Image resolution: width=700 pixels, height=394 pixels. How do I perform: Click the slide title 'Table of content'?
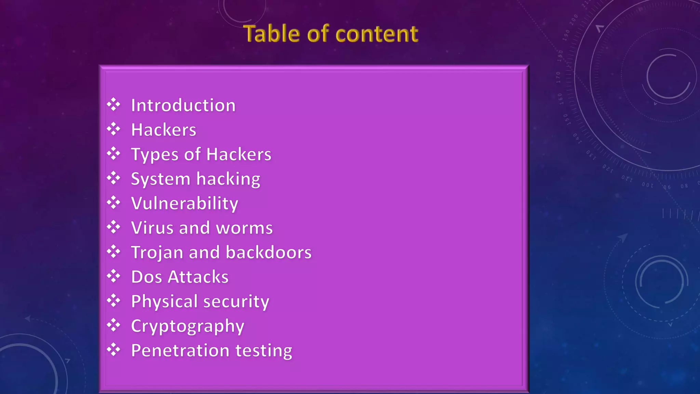[x=331, y=34]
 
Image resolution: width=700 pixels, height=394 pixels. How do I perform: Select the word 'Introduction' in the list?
[x=183, y=105]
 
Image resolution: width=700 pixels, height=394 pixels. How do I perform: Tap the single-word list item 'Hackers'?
[x=164, y=130]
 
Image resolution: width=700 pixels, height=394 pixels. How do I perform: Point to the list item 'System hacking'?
[x=196, y=179]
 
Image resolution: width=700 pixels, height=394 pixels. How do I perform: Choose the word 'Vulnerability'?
[x=185, y=203]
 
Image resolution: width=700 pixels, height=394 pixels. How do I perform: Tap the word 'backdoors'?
[x=269, y=252]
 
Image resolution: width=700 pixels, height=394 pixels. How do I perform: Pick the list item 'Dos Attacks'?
[x=180, y=277]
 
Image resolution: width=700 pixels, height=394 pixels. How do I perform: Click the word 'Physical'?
[x=164, y=301]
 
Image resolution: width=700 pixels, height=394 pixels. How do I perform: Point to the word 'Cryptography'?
[x=188, y=326]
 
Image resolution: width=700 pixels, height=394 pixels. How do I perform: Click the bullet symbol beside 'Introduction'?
[x=113, y=105]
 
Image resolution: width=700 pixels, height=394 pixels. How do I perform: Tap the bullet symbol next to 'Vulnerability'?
[x=113, y=203]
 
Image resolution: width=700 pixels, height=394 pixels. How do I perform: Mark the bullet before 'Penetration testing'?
[x=113, y=350]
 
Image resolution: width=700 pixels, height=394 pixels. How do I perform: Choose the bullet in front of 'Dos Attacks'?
[x=113, y=276]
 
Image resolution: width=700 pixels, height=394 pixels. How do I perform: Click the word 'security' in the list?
[x=236, y=301]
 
